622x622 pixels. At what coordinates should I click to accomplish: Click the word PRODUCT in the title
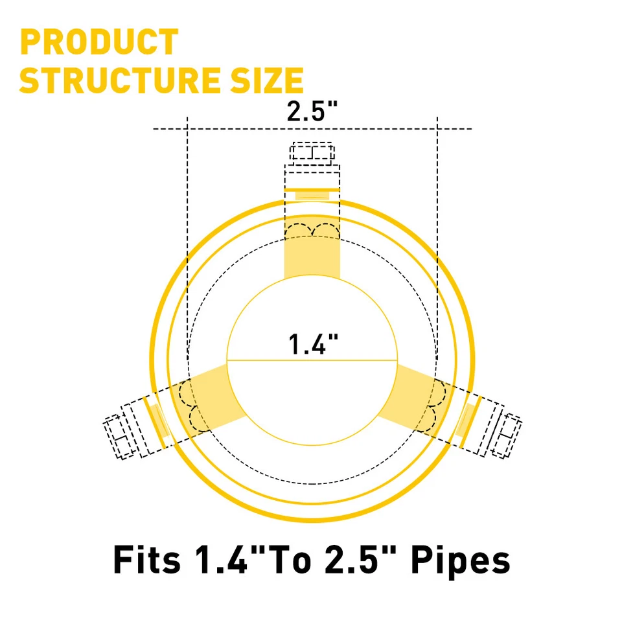pos(99,42)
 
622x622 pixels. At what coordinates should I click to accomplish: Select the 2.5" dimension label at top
pos(313,111)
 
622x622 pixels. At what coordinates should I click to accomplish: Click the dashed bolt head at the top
pos(312,154)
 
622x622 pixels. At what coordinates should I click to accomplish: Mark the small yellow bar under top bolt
pos(312,194)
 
